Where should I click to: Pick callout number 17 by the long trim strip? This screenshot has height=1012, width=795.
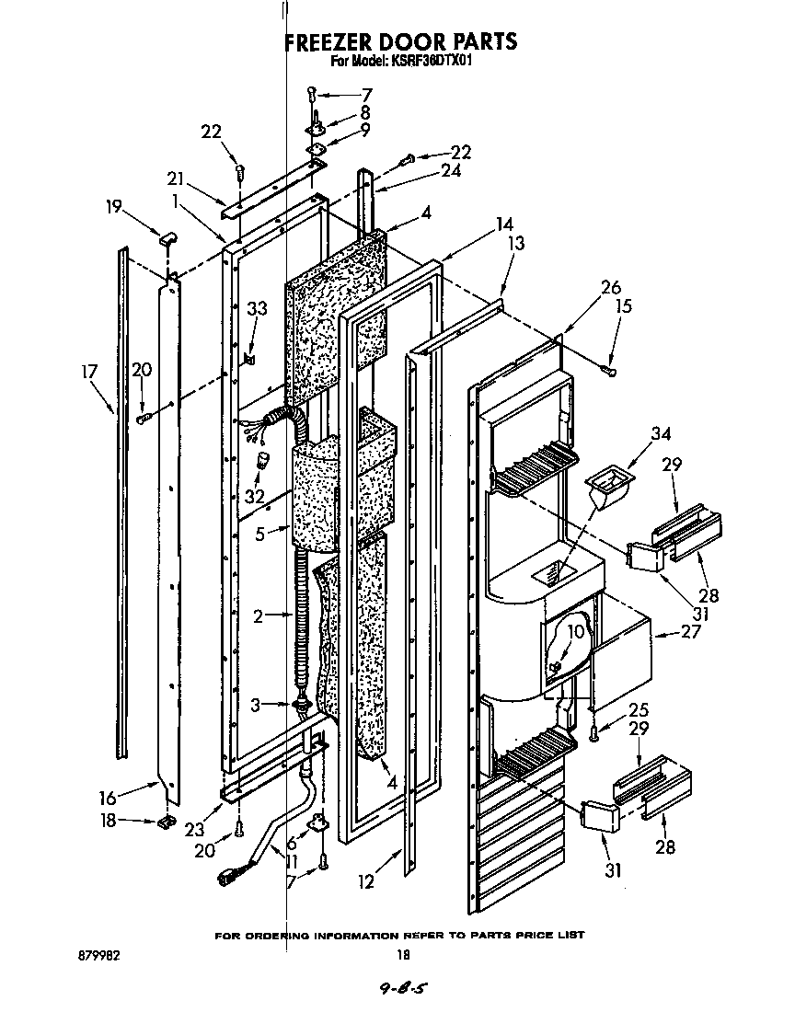89,372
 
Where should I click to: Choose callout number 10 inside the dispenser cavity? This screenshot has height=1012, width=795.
575,631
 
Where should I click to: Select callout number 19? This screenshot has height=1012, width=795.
115,208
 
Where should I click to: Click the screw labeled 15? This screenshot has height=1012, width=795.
608,370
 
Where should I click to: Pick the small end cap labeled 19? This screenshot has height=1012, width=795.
167,240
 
